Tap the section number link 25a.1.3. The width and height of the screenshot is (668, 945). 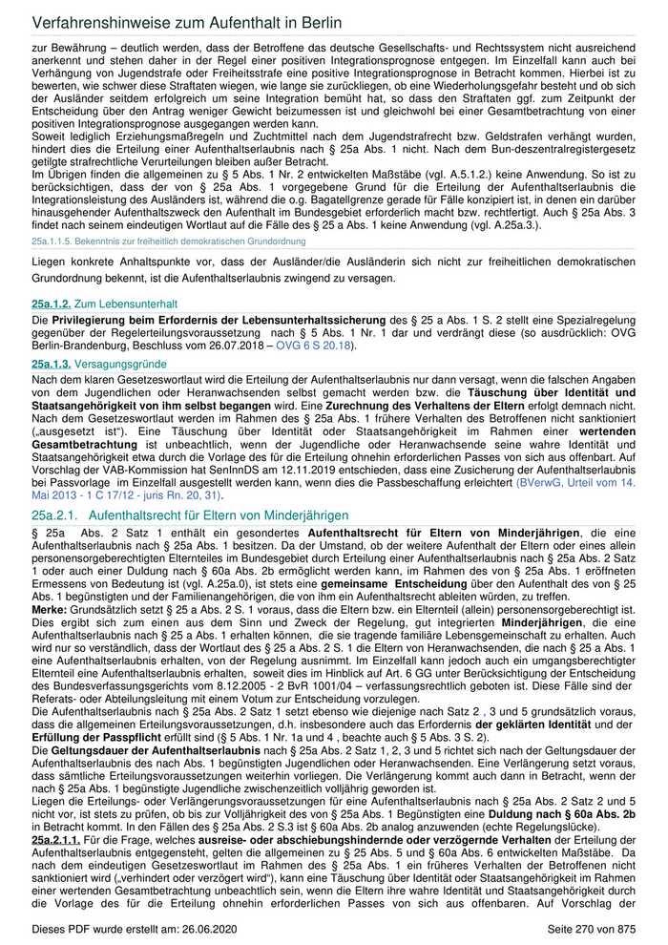pos(52,365)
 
